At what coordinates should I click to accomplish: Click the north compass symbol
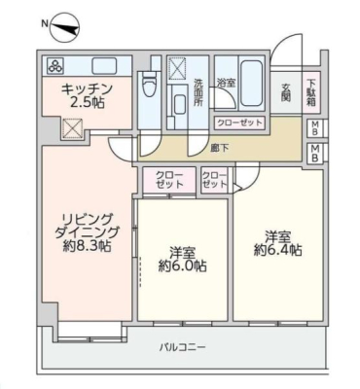(x=65, y=28)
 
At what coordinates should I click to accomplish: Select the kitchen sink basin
(x=104, y=66)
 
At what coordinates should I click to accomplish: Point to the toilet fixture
(x=149, y=84)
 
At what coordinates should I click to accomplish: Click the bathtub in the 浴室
(x=251, y=84)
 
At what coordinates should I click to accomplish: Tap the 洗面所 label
(x=198, y=92)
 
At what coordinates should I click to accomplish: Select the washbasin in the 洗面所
(x=180, y=105)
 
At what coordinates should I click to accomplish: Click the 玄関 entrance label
(x=285, y=92)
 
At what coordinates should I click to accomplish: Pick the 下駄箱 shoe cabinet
(x=311, y=92)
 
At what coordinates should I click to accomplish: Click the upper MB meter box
(x=315, y=127)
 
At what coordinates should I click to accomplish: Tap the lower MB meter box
(x=315, y=153)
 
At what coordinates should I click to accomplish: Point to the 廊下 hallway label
(x=219, y=149)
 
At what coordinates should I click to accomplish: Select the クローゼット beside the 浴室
(x=239, y=123)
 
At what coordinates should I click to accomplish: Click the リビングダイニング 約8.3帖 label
(x=87, y=232)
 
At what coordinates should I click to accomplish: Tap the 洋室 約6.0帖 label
(x=183, y=259)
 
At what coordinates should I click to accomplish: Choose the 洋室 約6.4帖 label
(x=277, y=243)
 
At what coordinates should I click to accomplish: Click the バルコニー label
(x=183, y=348)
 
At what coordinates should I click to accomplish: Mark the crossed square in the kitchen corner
(x=72, y=127)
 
